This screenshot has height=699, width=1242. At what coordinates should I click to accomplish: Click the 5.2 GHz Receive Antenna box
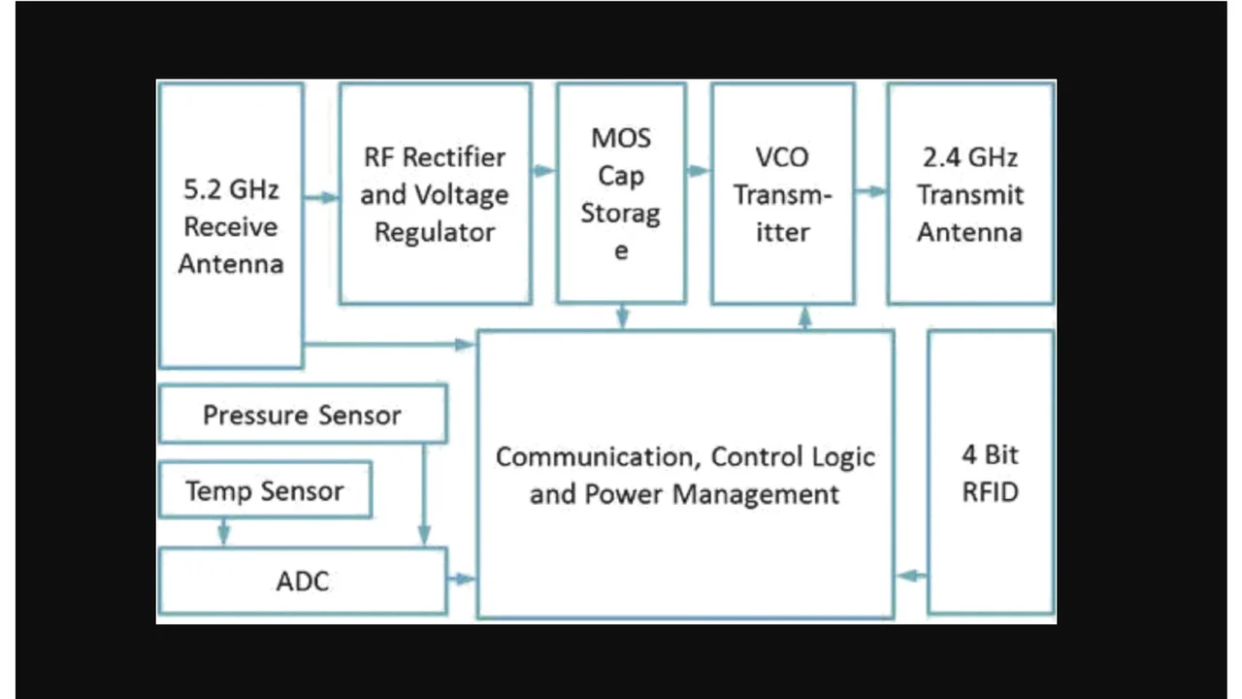click(x=231, y=225)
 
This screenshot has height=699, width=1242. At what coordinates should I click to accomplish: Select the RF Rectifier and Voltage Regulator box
click(x=435, y=194)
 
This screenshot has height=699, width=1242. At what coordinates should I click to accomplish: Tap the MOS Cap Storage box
click(x=621, y=193)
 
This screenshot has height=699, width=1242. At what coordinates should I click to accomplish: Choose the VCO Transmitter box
click(x=782, y=194)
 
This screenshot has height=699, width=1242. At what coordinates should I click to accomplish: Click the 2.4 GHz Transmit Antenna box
click(x=970, y=194)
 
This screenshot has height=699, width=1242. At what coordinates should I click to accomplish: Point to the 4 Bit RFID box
click(x=991, y=473)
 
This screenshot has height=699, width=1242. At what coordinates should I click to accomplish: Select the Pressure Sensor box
click(x=302, y=415)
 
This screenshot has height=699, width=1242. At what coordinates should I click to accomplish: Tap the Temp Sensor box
click(x=264, y=490)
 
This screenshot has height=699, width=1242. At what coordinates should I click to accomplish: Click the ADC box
click(x=302, y=581)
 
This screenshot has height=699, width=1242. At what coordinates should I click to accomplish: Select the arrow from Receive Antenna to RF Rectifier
click(x=321, y=198)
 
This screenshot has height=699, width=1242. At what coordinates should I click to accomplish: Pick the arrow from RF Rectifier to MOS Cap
click(x=544, y=172)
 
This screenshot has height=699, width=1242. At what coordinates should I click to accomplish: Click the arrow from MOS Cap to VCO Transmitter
click(x=699, y=172)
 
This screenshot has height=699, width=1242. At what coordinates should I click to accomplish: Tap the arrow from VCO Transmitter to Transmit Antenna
click(x=871, y=191)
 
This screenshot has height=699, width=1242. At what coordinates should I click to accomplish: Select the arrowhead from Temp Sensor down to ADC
click(x=224, y=535)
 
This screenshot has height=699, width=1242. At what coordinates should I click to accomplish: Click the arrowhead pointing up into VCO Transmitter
click(x=804, y=315)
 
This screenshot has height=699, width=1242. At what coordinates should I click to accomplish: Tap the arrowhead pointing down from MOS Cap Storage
click(x=622, y=318)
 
